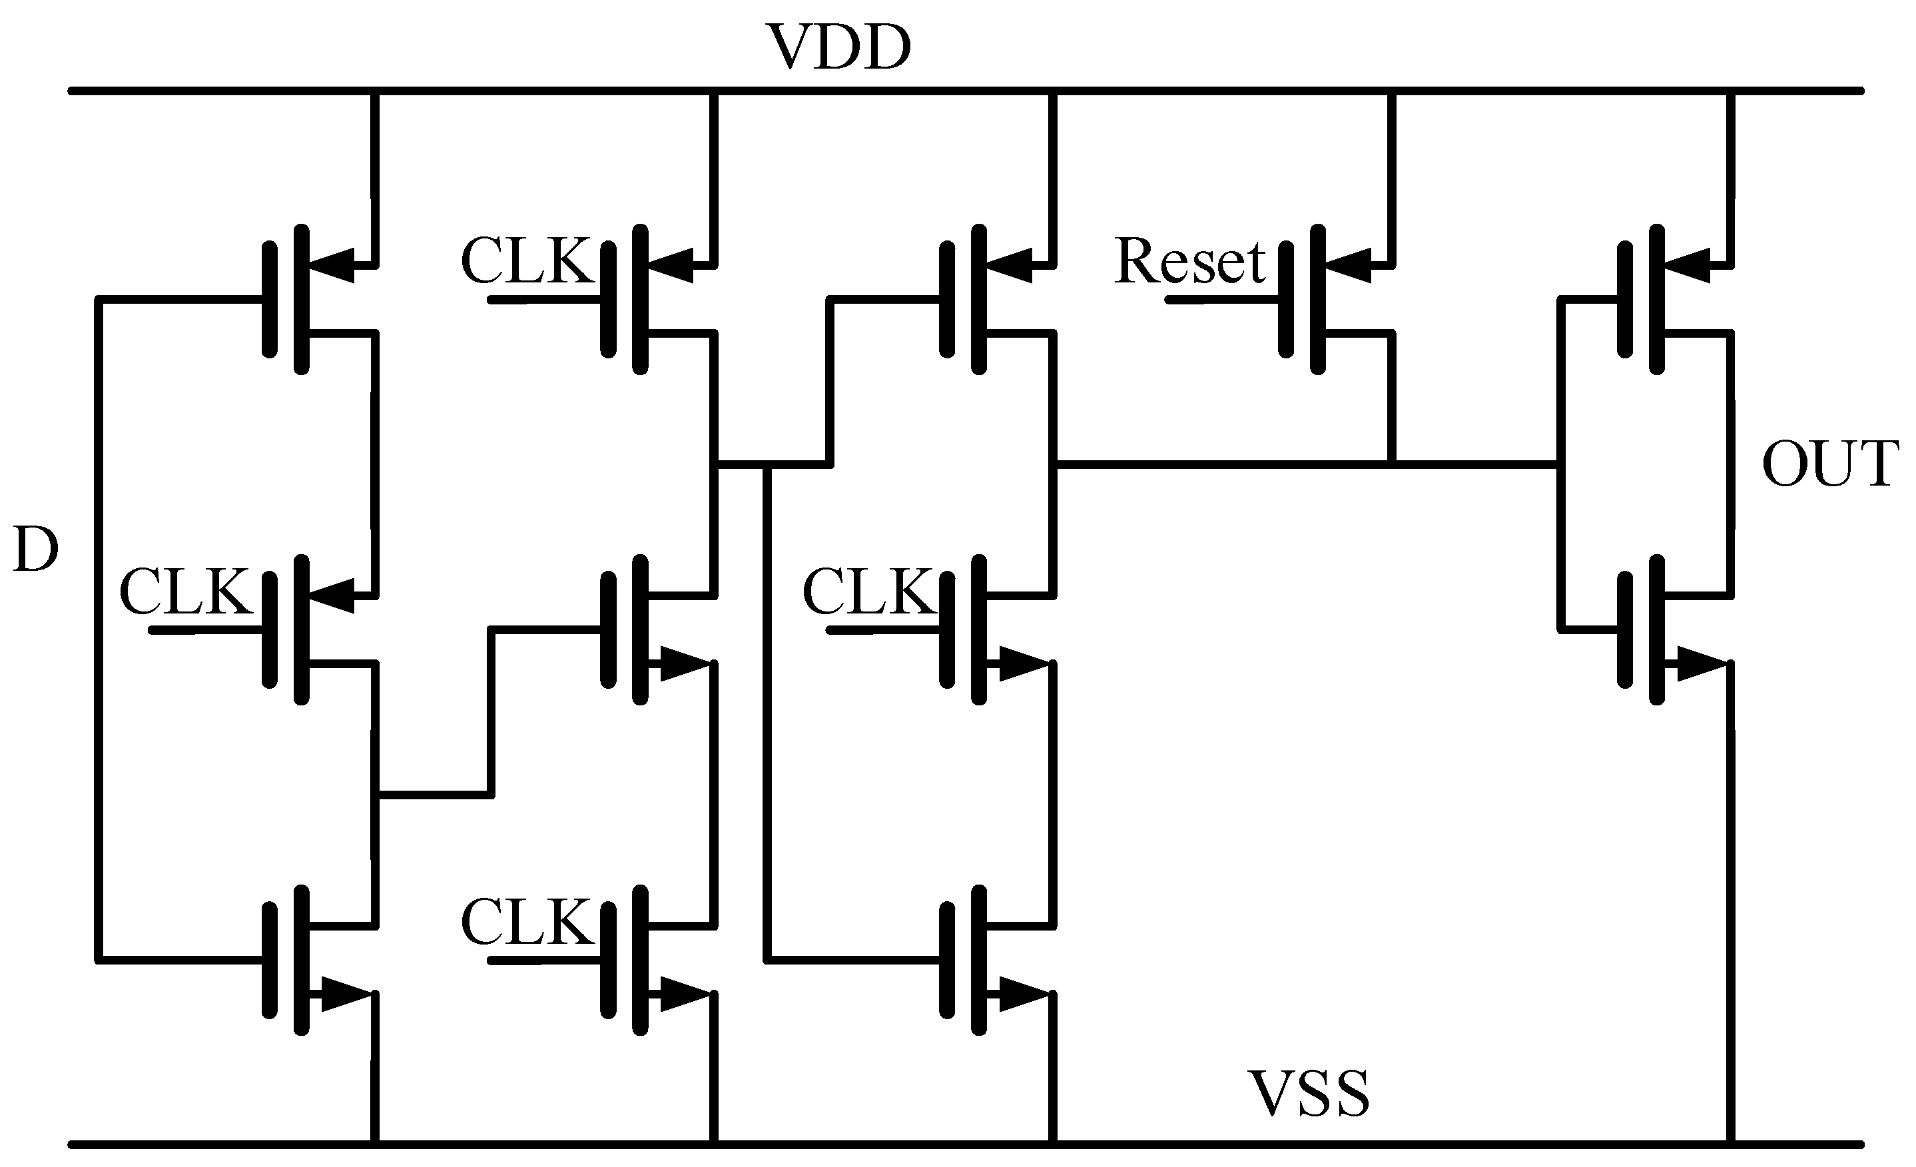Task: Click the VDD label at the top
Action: coord(839,48)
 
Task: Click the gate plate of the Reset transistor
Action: coord(1287,300)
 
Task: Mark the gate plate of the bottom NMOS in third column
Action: coord(947,960)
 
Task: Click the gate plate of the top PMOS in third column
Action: coord(947,300)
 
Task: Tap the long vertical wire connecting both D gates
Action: coord(99,630)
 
